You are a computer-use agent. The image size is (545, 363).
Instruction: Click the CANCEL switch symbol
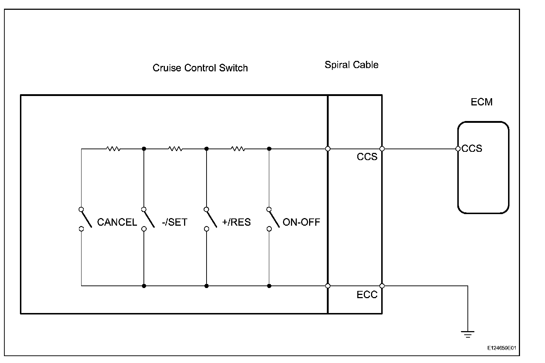pos(85,219)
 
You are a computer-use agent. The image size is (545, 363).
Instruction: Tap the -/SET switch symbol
pos(148,219)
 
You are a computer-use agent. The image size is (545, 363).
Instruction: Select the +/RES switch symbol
pos(211,219)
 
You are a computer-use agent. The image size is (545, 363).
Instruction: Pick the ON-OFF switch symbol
pos(273,219)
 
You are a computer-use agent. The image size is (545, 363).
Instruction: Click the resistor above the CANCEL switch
pos(113,149)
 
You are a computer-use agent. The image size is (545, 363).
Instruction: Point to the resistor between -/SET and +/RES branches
pos(175,149)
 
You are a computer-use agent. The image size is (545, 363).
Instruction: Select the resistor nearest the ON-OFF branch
pos(238,149)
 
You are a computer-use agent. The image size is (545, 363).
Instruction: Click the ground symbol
pos(468,334)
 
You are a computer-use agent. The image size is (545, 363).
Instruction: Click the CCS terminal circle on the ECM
pos(458,149)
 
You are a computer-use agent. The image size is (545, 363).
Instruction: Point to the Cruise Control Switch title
pos(200,68)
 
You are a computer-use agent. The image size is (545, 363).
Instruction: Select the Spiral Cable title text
pos(351,65)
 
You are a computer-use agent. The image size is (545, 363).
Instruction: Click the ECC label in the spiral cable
pos(367,295)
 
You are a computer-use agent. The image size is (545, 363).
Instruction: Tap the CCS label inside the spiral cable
pos(367,157)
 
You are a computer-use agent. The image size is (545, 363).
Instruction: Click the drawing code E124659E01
pos(502,348)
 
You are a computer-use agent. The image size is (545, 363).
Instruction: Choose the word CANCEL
pos(117,222)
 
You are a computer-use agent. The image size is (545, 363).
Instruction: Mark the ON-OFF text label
pos(301,222)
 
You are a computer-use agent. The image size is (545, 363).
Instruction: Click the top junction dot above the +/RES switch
pos(207,149)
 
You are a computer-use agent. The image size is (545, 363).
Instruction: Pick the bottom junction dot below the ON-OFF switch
pos(269,286)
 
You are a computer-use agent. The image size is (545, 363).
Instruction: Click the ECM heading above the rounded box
pos(482,102)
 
